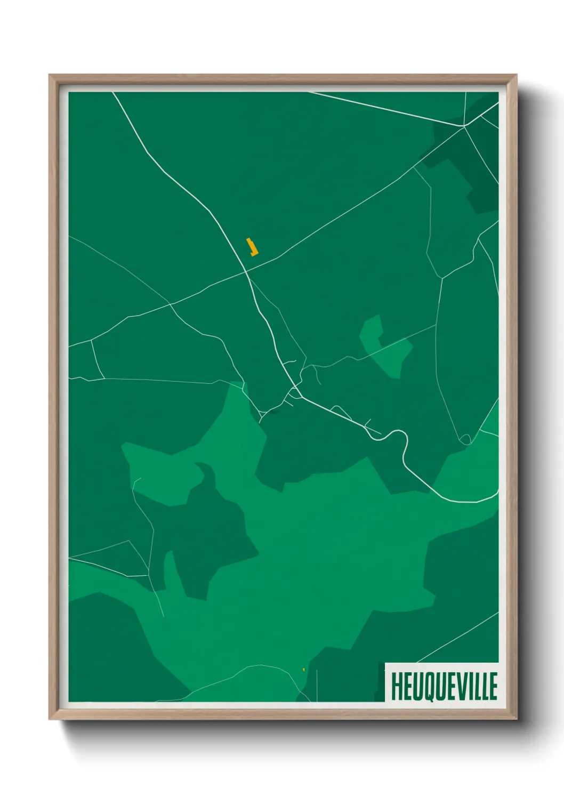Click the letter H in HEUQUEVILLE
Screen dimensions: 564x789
pos(397,686)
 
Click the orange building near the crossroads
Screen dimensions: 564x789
pos(252,247)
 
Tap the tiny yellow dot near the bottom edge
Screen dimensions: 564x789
pos(303,670)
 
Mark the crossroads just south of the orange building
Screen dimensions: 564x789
pos(246,271)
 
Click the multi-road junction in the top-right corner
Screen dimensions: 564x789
pos(464,126)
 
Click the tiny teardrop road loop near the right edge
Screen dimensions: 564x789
pos(465,439)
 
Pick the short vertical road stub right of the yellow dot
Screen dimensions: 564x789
pos(317,685)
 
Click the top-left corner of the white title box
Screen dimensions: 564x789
pos(385,663)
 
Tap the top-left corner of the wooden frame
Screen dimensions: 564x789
pos(50,75)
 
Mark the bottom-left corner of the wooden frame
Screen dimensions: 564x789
pos(50,719)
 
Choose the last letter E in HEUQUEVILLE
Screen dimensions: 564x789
pos(493,686)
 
